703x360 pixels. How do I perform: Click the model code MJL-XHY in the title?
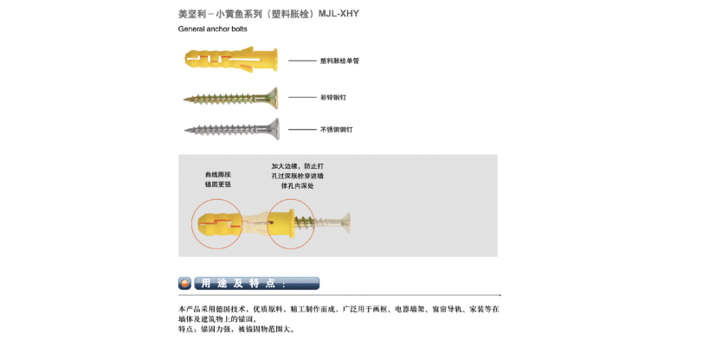coord(339,14)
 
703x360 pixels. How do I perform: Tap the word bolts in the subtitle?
coord(239,29)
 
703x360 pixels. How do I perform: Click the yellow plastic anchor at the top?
coord(231,59)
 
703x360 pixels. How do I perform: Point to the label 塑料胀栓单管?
coord(339,61)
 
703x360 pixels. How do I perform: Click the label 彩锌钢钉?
coord(333,97)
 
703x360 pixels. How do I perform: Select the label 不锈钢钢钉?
coord(336,130)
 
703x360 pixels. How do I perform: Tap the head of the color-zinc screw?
coord(272,98)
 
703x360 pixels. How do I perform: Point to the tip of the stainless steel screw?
coord(185,131)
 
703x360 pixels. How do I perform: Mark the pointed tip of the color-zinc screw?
coord(184,99)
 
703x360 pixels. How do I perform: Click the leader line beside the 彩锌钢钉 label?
coord(302,97)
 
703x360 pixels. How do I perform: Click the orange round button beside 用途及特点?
coord(184,283)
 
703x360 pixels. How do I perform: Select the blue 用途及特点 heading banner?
coord(257,283)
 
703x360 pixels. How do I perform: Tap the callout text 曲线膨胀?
coord(218,175)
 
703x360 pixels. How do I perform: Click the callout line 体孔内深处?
coord(297,185)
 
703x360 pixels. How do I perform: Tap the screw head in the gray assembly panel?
coord(345,222)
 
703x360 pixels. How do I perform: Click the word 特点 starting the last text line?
coord(184,329)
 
